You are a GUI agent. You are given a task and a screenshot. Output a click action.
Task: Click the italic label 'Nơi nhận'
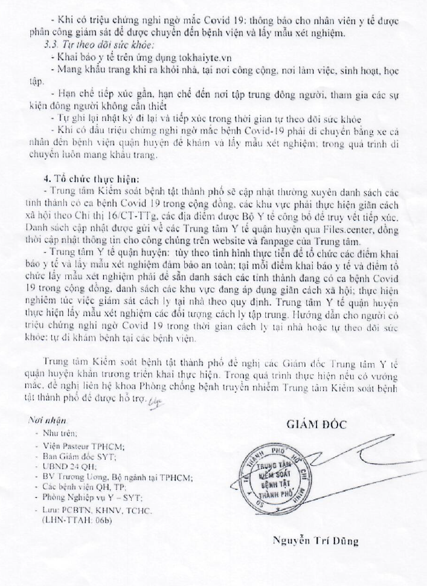pos(51,419)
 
